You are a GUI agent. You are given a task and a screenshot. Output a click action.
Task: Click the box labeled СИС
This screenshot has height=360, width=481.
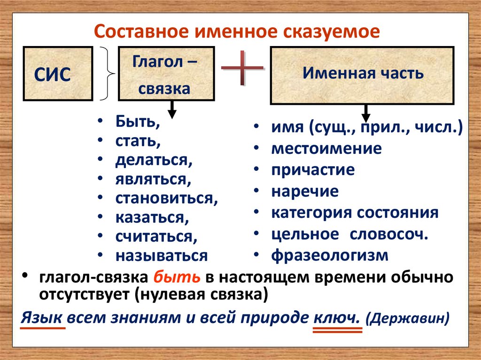(58, 74)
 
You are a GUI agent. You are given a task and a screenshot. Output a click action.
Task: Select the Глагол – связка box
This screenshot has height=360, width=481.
(166, 74)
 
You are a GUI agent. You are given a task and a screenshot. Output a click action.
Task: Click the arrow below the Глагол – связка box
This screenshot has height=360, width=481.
(172, 111)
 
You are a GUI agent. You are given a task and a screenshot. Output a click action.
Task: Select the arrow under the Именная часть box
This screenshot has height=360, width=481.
(365, 113)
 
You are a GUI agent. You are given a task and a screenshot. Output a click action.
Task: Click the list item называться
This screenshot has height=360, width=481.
(161, 256)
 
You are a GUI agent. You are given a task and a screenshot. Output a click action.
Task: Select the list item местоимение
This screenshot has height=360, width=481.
(326, 149)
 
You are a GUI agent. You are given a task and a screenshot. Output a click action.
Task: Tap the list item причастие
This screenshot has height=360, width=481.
(312, 170)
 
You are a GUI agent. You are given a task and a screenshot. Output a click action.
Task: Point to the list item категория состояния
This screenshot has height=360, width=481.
(355, 213)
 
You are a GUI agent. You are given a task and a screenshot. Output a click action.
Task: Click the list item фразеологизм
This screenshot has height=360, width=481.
(330, 256)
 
